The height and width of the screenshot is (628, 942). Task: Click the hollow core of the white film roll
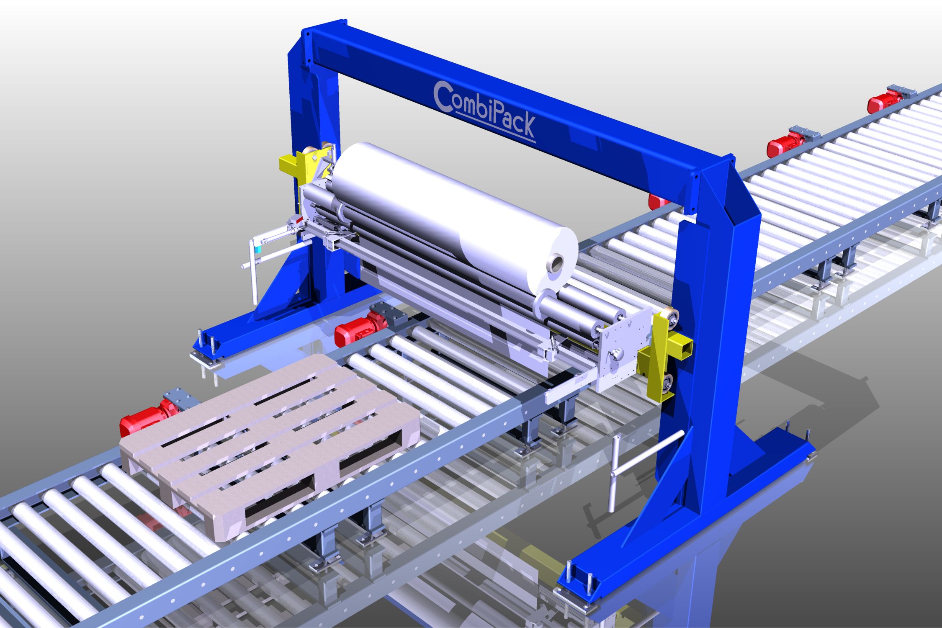tap(557, 264)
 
